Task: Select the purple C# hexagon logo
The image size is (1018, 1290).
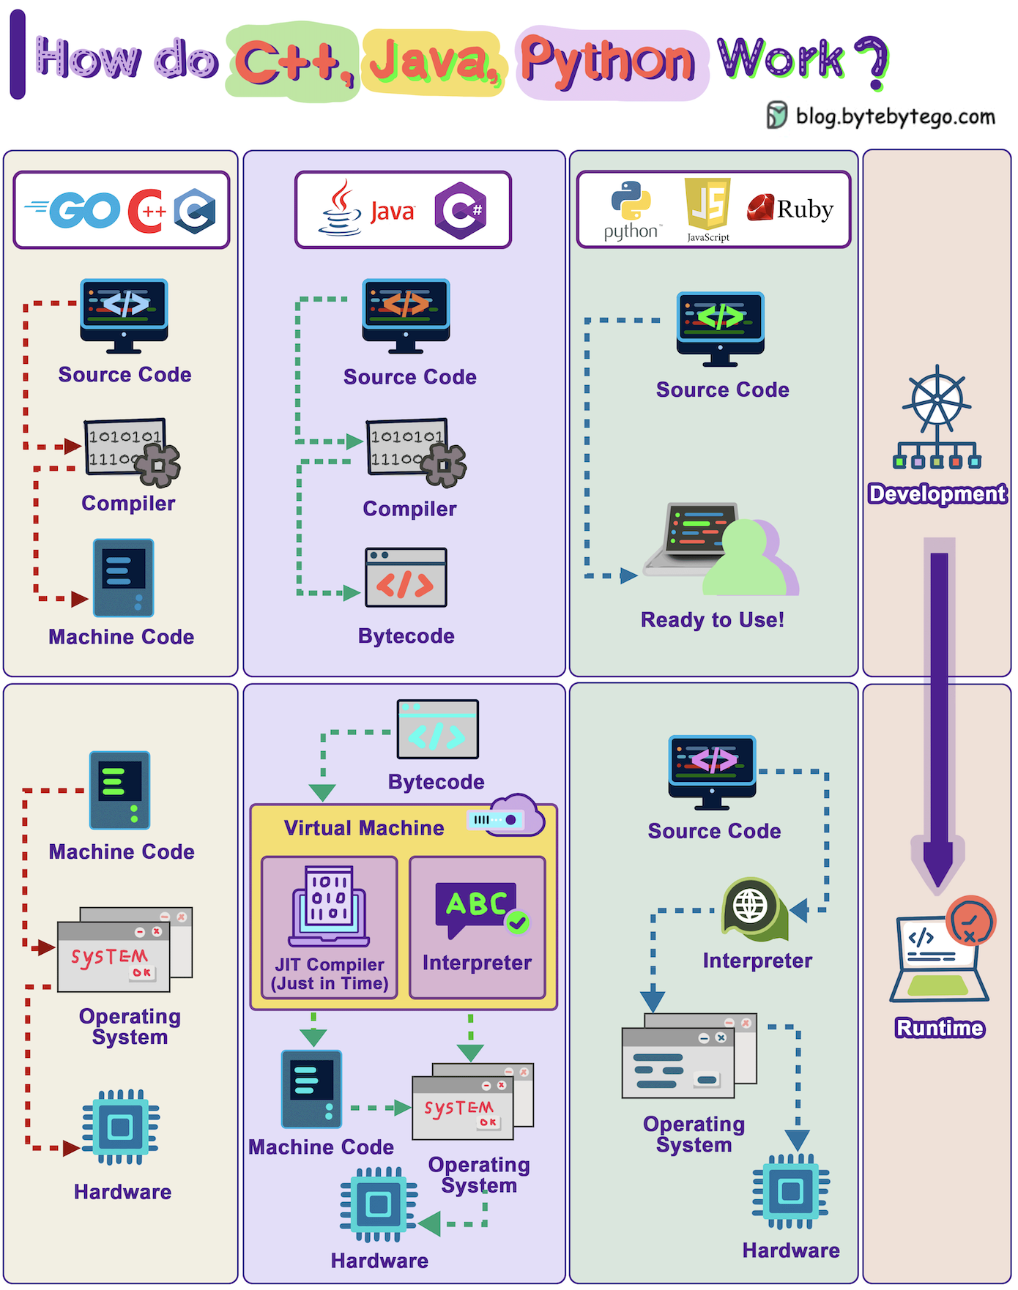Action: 460,211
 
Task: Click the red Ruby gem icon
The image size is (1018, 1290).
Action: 760,208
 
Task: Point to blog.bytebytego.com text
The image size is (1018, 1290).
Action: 896,116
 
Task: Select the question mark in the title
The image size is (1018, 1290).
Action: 871,62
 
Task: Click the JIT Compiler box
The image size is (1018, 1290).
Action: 330,928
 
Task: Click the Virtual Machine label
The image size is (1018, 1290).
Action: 364,828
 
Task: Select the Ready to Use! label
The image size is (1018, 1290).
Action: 713,620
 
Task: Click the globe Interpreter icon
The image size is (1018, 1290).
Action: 754,909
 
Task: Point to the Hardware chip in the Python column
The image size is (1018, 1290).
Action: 791,1192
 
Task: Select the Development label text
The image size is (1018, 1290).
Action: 937,494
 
